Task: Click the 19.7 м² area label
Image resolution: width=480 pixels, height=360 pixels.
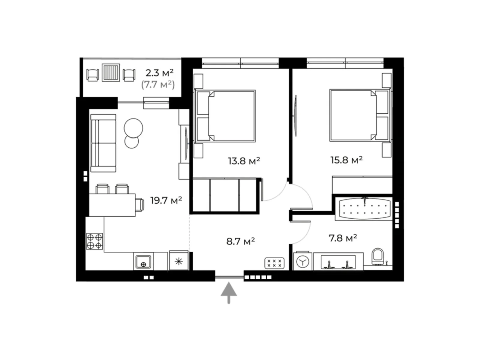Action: (x=166, y=200)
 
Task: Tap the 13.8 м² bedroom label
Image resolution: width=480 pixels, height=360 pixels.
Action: (x=244, y=161)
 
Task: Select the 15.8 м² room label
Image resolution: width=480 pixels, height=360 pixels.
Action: (x=346, y=160)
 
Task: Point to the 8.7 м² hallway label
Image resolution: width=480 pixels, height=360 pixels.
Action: (x=241, y=241)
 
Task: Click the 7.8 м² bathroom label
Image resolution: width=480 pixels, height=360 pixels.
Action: (x=343, y=238)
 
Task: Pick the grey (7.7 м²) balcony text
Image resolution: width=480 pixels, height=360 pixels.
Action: (x=158, y=85)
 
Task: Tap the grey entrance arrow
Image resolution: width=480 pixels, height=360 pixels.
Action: (x=229, y=293)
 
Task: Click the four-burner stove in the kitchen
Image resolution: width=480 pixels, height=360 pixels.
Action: (x=94, y=241)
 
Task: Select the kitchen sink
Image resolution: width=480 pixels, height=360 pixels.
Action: (x=143, y=261)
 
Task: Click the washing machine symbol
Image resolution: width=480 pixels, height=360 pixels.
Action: (x=303, y=261)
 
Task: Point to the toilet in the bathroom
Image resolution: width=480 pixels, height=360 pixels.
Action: (x=378, y=256)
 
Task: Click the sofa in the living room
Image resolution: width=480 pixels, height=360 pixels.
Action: (x=103, y=143)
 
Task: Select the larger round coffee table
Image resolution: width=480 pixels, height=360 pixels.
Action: (x=133, y=128)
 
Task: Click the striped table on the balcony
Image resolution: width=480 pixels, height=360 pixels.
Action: (x=111, y=73)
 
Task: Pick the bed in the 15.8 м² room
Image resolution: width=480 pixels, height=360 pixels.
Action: (x=360, y=115)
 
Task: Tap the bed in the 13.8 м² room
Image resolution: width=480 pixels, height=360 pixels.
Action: (x=225, y=116)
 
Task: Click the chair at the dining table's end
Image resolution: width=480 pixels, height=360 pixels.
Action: (x=140, y=205)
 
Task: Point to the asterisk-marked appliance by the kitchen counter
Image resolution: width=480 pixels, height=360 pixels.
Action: (x=179, y=260)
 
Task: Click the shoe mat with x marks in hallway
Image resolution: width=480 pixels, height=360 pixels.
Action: (x=274, y=263)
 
